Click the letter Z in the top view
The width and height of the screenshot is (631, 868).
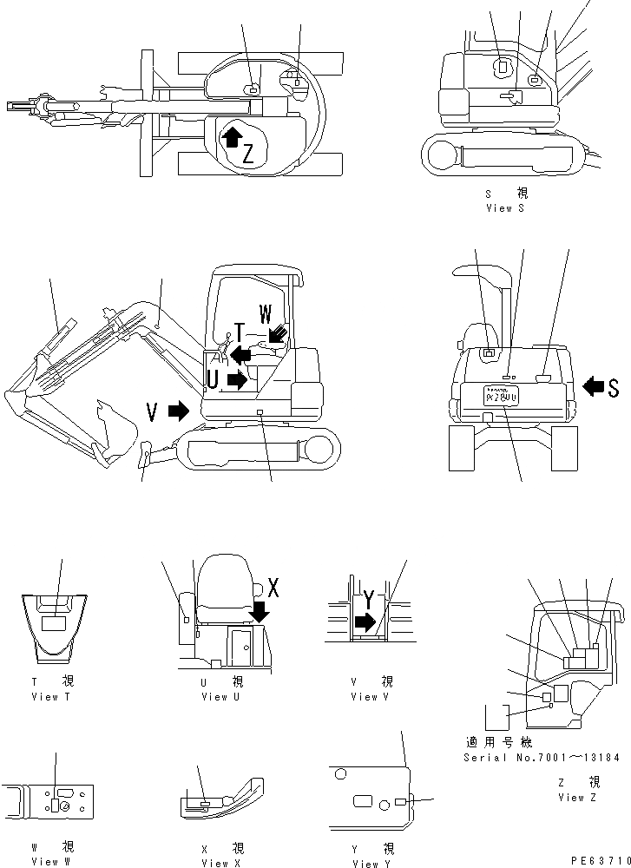tap(248, 155)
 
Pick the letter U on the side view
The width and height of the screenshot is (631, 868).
tap(213, 378)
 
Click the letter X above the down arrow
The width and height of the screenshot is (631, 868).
tap(273, 588)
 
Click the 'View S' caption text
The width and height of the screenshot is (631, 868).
tap(505, 208)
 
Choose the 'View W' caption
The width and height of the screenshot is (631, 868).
tap(50, 861)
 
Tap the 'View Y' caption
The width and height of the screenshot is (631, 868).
tap(372, 863)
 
